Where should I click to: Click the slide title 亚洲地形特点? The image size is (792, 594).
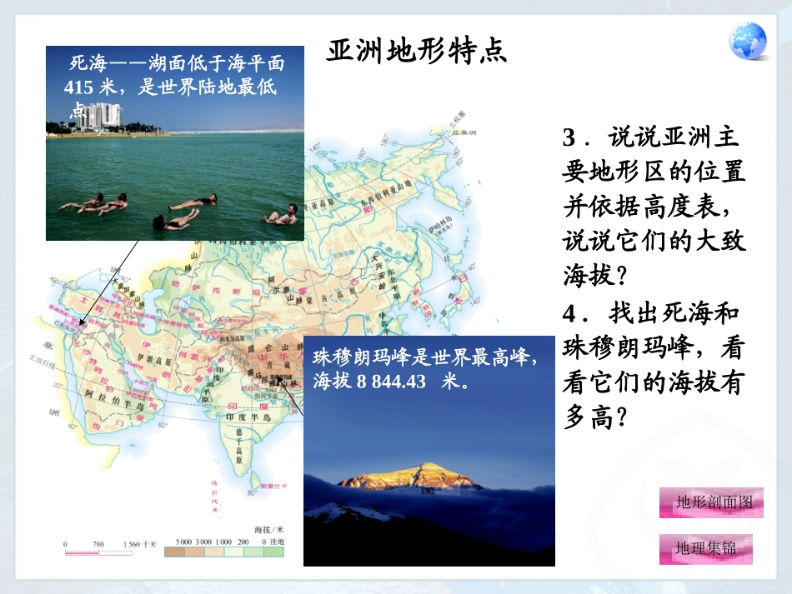pyautogui.click(x=416, y=51)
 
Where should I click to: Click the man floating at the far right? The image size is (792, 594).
pyautogui.click(x=282, y=215)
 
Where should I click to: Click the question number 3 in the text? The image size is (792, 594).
pyautogui.click(x=570, y=136)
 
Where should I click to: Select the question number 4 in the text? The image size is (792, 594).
pyautogui.click(x=570, y=315)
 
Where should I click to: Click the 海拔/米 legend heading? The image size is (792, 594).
pyautogui.click(x=268, y=529)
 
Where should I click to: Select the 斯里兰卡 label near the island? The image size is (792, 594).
pyautogui.click(x=272, y=486)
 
